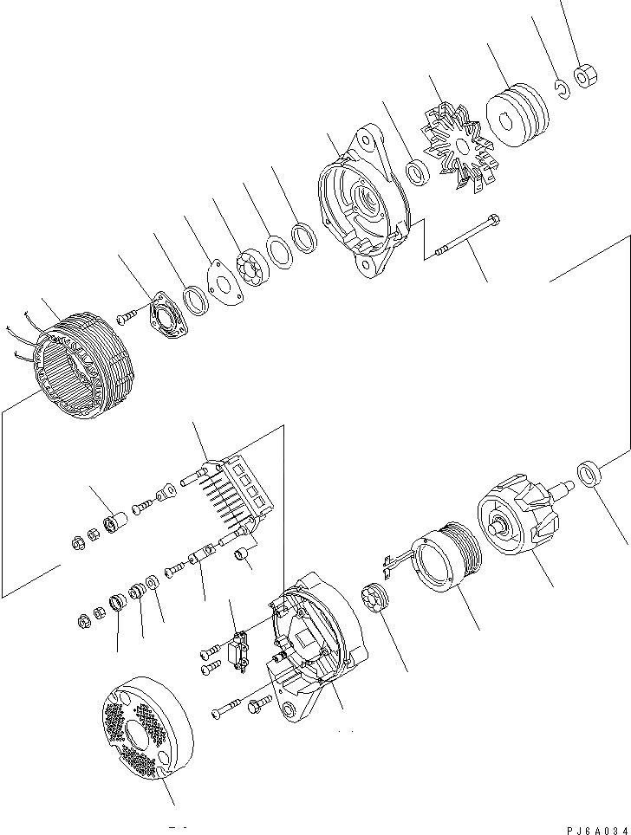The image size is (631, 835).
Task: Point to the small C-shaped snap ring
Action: click(562, 88)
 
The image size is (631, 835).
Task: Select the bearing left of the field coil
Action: click(374, 599)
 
